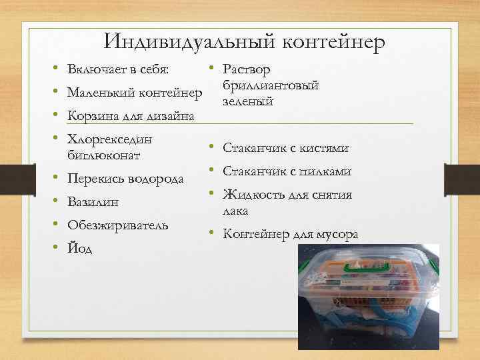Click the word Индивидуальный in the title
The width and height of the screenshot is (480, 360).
181,42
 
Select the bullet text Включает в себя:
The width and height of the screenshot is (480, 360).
118,70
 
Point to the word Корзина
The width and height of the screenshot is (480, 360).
91,116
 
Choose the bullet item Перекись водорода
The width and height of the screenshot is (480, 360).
126,179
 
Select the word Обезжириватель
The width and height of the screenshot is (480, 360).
117,225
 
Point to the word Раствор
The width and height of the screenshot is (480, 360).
247,70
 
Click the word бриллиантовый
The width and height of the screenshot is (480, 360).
271,86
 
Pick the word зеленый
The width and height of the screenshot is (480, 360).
248,101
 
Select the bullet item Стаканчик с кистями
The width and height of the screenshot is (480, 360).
286,149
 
